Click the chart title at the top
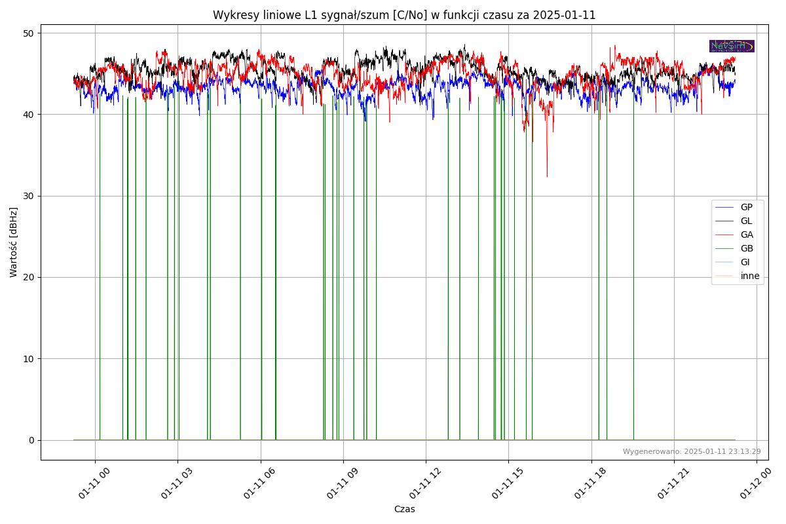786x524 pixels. tap(404, 15)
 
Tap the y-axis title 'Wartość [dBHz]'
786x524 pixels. tap(14, 242)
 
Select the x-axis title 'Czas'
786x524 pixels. tap(404, 509)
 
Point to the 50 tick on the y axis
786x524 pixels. tap(29, 33)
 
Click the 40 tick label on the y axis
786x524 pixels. tap(29, 115)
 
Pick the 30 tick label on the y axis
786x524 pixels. tap(29, 196)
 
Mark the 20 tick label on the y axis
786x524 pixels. tap(29, 277)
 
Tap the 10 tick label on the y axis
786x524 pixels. tap(29, 358)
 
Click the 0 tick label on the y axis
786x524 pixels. tap(31, 440)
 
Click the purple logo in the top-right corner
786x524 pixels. tap(732, 46)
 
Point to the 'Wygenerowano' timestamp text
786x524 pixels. tap(692, 451)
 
